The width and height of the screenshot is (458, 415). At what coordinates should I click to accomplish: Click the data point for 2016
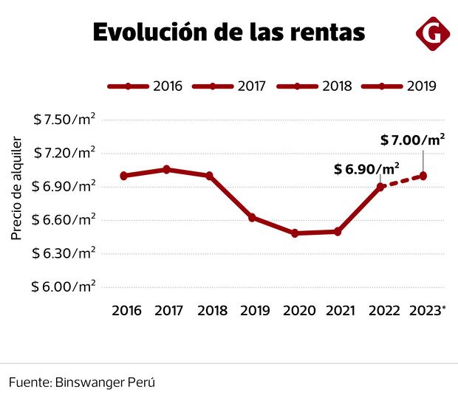[x=123, y=176]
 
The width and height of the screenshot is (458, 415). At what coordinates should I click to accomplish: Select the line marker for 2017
[x=167, y=170]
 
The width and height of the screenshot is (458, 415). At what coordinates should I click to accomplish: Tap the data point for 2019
[x=252, y=218]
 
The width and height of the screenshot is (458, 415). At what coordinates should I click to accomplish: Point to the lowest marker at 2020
[x=295, y=233]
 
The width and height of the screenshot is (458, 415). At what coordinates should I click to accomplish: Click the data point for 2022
[x=380, y=187]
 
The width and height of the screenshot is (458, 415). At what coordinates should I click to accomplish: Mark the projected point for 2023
[x=423, y=175]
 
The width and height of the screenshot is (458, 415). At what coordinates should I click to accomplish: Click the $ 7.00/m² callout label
[x=412, y=139]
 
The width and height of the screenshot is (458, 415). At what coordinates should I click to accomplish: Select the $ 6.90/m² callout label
[x=366, y=168]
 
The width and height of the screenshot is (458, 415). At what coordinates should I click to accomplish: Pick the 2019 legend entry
[x=399, y=86]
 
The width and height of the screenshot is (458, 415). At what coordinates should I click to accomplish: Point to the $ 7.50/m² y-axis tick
[x=64, y=120]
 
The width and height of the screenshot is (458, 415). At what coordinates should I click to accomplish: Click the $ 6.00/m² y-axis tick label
[x=64, y=287]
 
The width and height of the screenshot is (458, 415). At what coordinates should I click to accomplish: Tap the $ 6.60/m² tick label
[x=64, y=220]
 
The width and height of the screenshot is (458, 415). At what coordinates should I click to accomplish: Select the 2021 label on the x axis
[x=338, y=311]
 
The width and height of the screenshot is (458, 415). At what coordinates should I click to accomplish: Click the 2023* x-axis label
[x=426, y=311]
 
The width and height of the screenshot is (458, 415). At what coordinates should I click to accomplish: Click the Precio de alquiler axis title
[x=17, y=189]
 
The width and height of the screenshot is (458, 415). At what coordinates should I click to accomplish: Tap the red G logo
[x=433, y=34]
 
